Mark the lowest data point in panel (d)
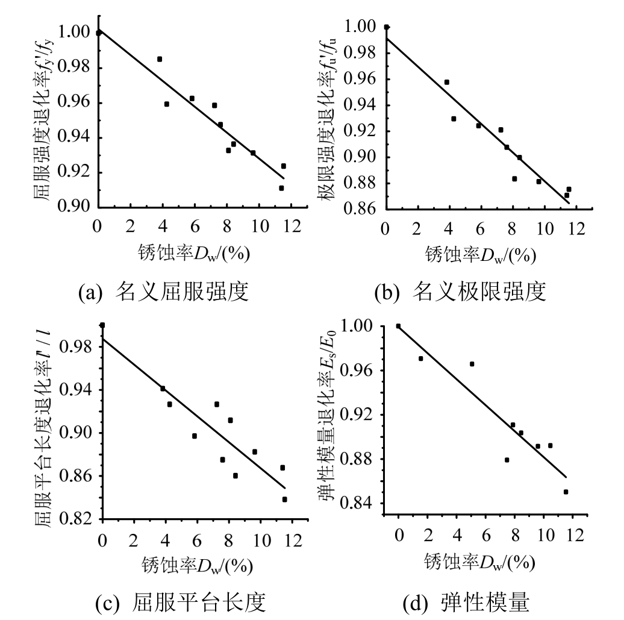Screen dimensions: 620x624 566,492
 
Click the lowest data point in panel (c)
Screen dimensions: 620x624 284,499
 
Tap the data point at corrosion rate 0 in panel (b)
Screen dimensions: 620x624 386,27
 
